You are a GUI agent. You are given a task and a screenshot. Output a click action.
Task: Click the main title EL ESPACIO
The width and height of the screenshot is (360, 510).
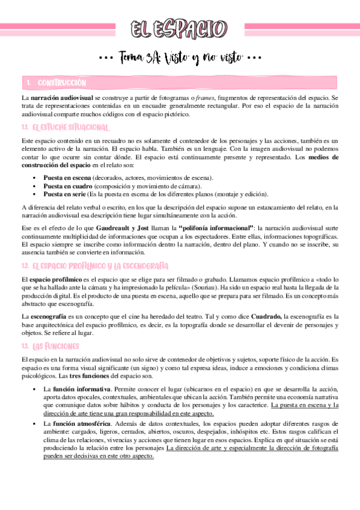(180, 28)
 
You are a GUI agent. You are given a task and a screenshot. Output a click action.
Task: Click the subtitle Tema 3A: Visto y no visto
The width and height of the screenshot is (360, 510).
(180, 58)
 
